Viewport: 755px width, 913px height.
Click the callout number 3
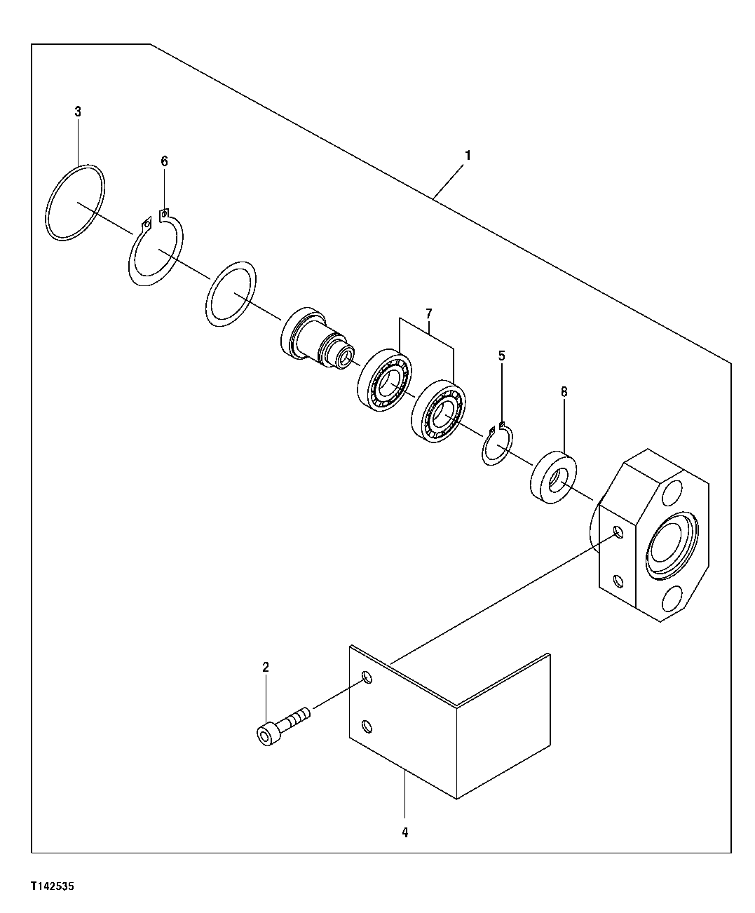[78, 111]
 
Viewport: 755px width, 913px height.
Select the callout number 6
[164, 161]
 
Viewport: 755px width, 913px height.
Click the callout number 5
[501, 356]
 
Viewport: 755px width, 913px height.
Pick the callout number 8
[564, 392]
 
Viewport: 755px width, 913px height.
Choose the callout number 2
[266, 667]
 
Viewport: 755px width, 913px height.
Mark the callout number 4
[404, 832]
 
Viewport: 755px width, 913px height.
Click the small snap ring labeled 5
[497, 446]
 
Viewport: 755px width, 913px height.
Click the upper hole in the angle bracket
[366, 677]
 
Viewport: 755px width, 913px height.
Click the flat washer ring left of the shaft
[232, 294]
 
